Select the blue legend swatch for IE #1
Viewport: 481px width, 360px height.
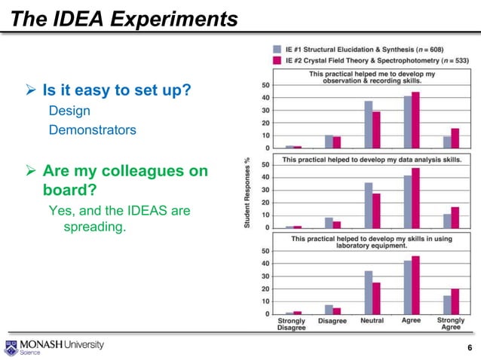pos(277,47)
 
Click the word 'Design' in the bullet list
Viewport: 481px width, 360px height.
pos(69,111)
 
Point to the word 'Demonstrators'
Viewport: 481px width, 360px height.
pos(92,130)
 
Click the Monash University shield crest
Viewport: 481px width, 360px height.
pos(11,347)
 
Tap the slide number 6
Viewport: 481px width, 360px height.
pos(470,346)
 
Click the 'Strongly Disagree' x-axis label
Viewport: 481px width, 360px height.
pos(291,324)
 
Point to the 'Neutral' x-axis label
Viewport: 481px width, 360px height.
pos(372,321)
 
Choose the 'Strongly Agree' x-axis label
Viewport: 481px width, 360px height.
pos(451,324)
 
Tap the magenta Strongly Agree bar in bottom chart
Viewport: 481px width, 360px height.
pos(455,301)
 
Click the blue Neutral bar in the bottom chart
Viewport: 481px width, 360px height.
pos(368,292)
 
